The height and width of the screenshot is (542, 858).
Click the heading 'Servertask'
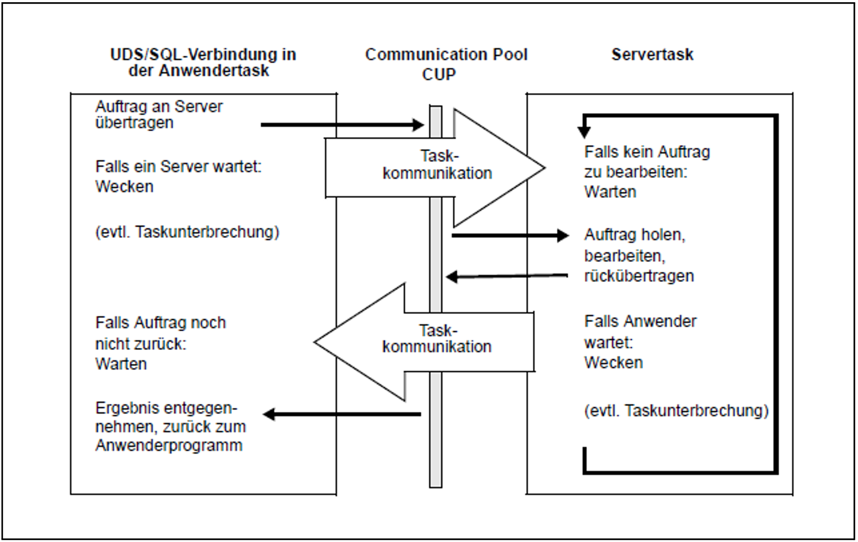click(652, 55)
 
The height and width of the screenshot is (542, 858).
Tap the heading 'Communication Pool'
click(446, 55)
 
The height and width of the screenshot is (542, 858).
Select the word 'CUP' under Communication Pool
click(439, 74)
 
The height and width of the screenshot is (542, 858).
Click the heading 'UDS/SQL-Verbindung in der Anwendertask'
click(203, 62)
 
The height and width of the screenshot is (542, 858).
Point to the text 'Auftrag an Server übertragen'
click(159, 114)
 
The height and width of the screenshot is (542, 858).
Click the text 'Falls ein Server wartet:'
click(178, 167)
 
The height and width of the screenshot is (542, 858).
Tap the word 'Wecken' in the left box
click(124, 187)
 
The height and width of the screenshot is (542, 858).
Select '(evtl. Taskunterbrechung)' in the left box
click(187, 232)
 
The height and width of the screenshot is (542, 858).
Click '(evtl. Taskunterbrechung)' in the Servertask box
click(676, 410)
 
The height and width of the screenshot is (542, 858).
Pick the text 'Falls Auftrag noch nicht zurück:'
click(160, 333)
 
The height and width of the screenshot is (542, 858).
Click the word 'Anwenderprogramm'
click(169, 446)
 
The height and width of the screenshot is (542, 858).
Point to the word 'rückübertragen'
click(639, 276)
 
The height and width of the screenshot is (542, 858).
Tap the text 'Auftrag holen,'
click(635, 235)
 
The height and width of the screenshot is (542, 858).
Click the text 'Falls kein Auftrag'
click(647, 152)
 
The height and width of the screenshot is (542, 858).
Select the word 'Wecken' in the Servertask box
click(613, 363)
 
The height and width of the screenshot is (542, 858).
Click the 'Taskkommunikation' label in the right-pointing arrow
click(438, 165)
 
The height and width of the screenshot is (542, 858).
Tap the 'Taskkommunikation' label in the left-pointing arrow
click(437, 339)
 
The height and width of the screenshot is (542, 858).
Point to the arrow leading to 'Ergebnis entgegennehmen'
click(342, 414)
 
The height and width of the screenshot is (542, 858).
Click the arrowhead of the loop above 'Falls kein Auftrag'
click(584, 132)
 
